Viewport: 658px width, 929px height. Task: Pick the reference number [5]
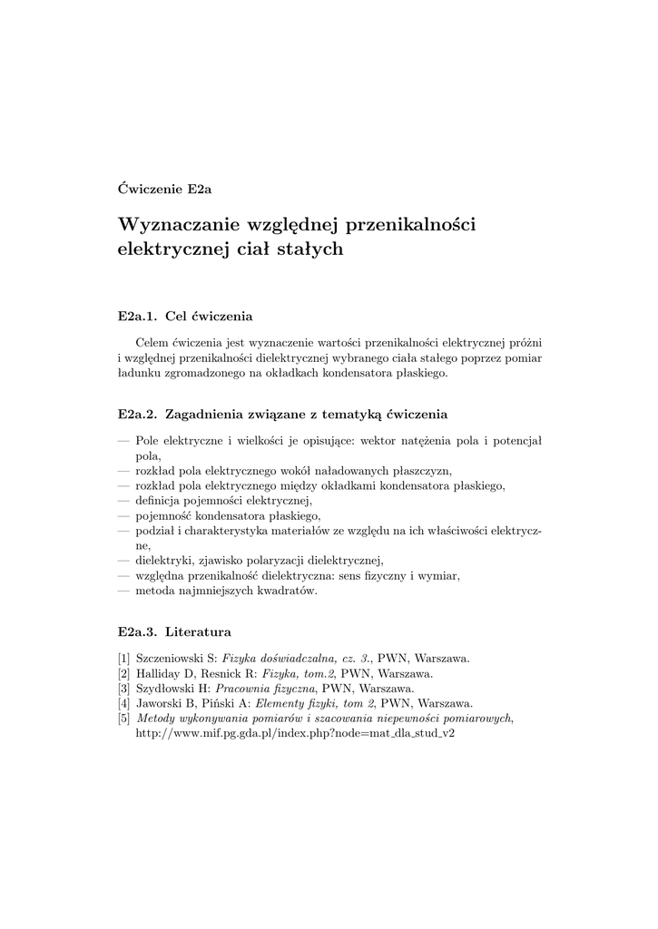tap(124, 718)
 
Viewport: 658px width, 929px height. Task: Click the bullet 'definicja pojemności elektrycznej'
tap(223, 500)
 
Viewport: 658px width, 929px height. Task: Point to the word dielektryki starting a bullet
tap(163, 559)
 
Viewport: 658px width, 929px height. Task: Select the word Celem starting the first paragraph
tap(151, 343)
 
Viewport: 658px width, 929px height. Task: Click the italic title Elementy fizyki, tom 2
tap(310, 703)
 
